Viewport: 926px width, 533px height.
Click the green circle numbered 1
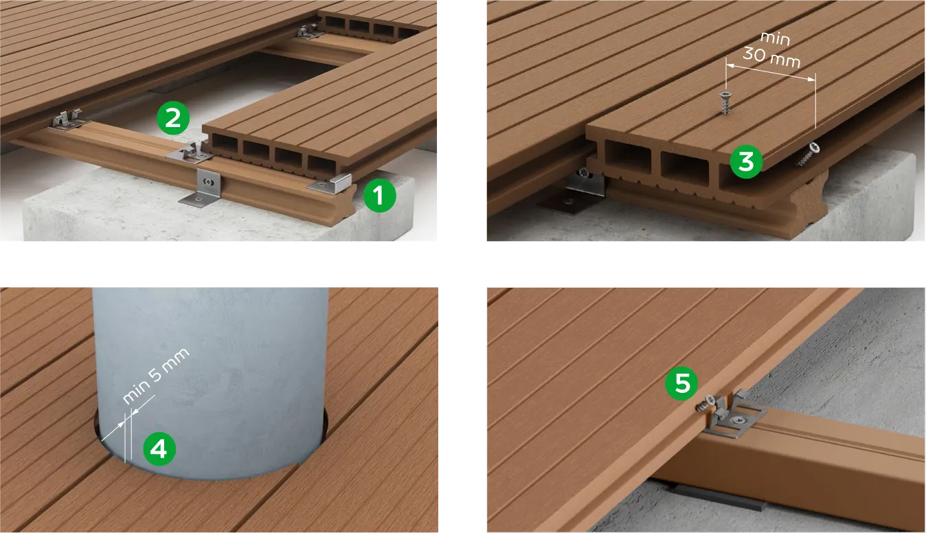coord(379,196)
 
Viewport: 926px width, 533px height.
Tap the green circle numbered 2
coord(173,118)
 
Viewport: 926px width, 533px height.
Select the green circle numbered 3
coord(746,161)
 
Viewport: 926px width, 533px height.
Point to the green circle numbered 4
coord(159,449)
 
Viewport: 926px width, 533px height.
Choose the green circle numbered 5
coord(681,383)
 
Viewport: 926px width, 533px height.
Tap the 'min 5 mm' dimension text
coord(155,376)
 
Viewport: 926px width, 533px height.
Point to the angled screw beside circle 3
coord(807,154)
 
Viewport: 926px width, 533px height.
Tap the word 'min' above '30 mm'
coord(775,38)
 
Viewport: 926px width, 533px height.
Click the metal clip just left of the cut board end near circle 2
coord(190,152)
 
